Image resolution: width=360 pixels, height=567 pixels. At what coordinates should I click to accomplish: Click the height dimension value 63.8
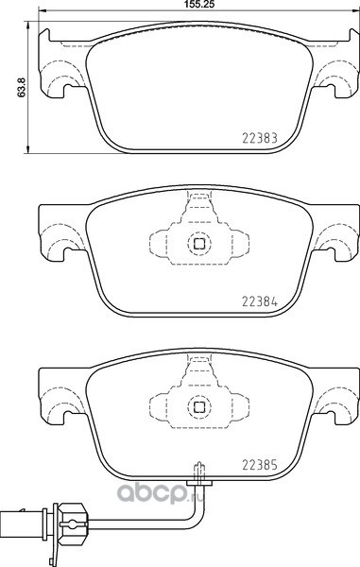click(22, 88)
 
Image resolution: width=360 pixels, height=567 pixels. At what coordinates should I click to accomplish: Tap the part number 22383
click(260, 138)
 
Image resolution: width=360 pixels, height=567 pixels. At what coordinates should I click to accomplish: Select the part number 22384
click(260, 301)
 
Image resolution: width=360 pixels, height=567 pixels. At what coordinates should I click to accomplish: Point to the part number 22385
click(260, 465)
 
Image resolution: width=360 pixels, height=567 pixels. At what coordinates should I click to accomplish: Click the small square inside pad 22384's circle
click(199, 244)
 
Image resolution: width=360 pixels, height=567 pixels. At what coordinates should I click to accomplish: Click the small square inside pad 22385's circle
click(199, 406)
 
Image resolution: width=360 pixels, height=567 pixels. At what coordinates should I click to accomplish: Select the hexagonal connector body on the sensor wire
click(72, 522)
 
